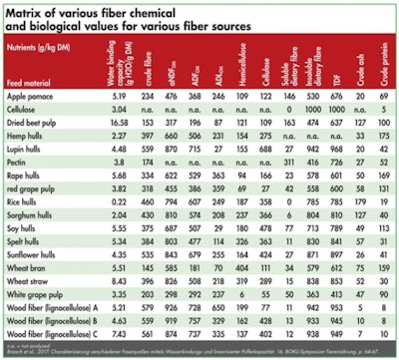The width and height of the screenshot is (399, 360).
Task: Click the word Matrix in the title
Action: [30, 12]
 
